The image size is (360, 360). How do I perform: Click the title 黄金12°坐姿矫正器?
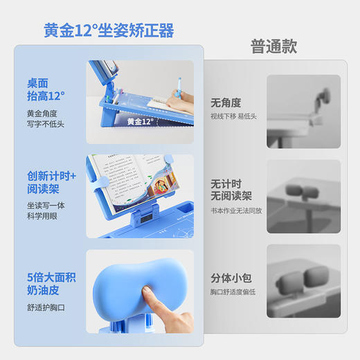109,30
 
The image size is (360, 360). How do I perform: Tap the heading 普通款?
273,46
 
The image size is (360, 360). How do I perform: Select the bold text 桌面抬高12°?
46,89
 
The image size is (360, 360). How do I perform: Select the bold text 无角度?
226,102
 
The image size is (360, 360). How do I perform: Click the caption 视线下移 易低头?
234,116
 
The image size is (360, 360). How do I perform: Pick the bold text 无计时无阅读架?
231,190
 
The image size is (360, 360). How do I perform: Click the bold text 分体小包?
231,278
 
